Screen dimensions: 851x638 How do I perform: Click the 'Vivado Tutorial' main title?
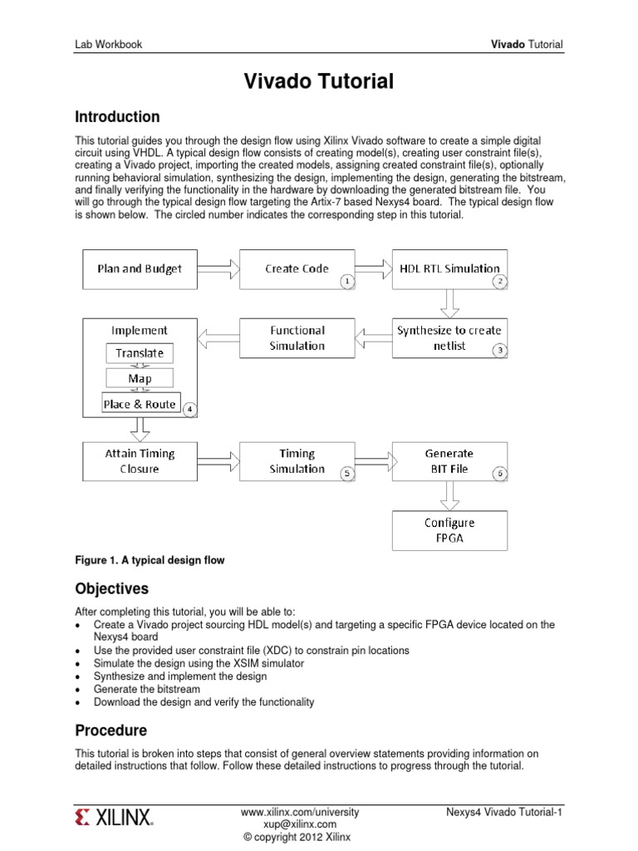(318, 81)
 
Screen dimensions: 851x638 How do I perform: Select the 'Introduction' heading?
(117, 116)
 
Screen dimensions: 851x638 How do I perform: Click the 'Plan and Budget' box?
(140, 268)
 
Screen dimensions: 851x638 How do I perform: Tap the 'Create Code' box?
(297, 268)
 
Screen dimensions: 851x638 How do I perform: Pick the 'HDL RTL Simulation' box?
(449, 268)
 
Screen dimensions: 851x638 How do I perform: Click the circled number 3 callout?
(500, 351)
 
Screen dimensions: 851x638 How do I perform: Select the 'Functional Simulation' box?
(297, 337)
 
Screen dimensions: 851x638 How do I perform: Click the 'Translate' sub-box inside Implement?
(140, 353)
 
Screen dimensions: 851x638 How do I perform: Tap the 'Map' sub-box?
(140, 378)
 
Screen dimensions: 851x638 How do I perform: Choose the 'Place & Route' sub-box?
(140, 404)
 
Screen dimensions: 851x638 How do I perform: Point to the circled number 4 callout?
(189, 410)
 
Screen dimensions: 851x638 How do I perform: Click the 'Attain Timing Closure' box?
(140, 461)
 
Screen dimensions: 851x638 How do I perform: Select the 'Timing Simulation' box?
(297, 461)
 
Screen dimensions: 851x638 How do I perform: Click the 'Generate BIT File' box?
(449, 461)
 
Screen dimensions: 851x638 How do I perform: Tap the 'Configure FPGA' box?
(449, 530)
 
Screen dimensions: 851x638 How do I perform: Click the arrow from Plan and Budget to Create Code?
(218, 268)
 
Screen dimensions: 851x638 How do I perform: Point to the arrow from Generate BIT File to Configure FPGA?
(449, 496)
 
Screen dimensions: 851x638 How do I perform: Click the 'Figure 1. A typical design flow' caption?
(150, 560)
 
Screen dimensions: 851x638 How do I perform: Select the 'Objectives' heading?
(112, 588)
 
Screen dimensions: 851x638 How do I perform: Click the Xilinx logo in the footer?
(114, 818)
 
